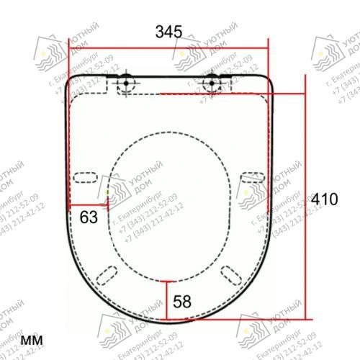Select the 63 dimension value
coord(89,217)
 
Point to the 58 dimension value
coord(182,301)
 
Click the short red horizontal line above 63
coord(89,204)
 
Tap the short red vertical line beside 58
coord(167,300)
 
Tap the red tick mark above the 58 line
coord(167,281)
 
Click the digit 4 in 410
coord(317,200)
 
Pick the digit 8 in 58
coord(186,301)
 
